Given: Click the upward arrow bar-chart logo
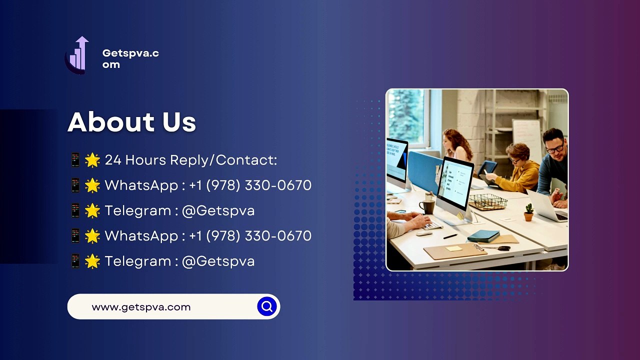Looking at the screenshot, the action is (x=76, y=55).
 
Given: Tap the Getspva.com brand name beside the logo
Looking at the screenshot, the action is (x=130, y=58).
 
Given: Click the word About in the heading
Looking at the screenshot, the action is (x=111, y=122).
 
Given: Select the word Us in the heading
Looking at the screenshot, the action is (x=179, y=122).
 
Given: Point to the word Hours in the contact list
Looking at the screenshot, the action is (x=145, y=160).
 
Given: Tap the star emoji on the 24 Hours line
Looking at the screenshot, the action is (x=92, y=160).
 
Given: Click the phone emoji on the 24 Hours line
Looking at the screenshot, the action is (x=75, y=160).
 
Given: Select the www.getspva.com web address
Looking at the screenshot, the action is (x=141, y=307).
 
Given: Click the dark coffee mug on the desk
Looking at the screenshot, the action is (x=426, y=207).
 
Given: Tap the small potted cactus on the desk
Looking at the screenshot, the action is (x=529, y=212).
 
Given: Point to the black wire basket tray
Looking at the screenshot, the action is (x=487, y=201).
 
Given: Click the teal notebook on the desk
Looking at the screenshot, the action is (x=483, y=236).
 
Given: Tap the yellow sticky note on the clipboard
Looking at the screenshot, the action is (x=454, y=248).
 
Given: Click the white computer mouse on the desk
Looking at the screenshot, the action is (x=424, y=233).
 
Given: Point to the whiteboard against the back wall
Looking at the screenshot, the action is (x=526, y=137).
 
